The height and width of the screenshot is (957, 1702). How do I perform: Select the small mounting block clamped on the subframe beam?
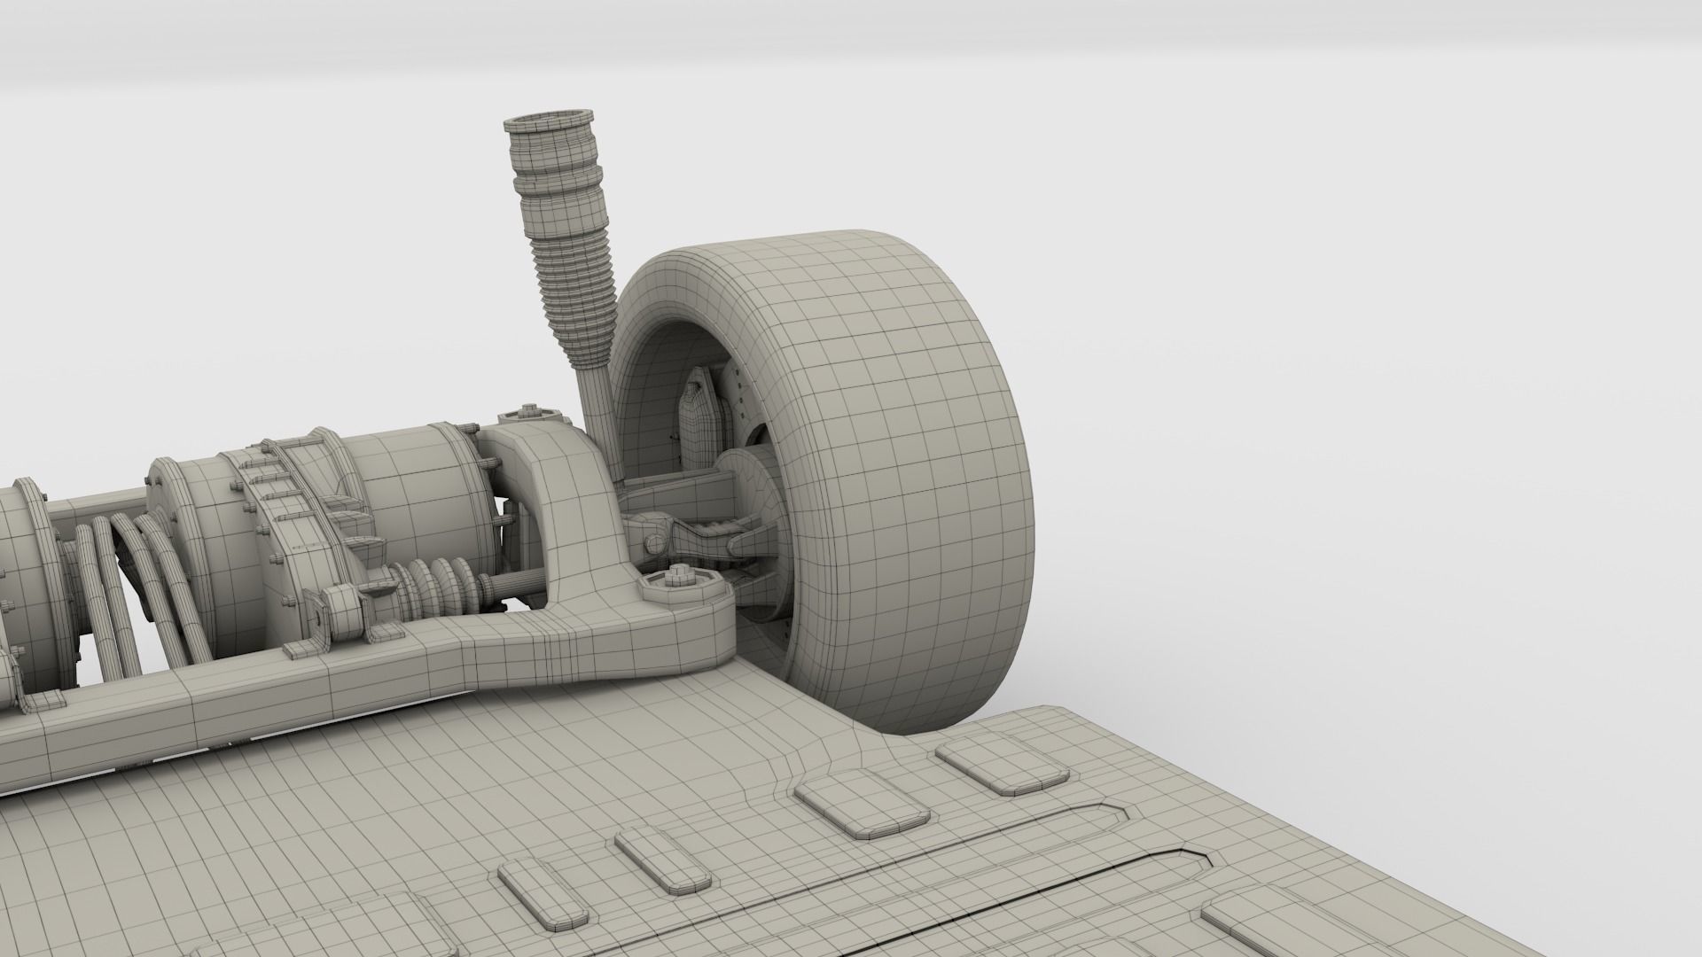point(341,616)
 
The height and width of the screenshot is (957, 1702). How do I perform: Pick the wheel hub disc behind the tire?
point(753,514)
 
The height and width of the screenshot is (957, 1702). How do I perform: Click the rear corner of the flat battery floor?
point(1055,709)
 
